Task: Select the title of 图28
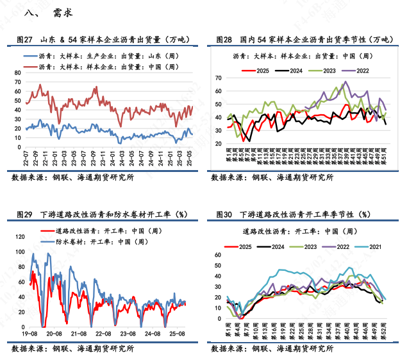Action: (x=303, y=40)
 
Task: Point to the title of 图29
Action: (x=99, y=214)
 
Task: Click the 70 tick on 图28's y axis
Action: (x=218, y=78)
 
